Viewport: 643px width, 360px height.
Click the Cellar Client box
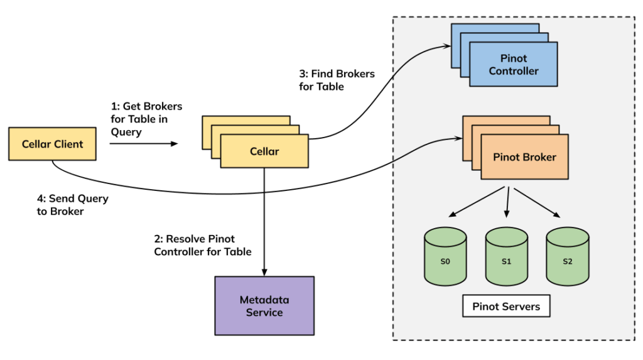point(52,144)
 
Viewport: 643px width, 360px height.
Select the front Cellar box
point(264,151)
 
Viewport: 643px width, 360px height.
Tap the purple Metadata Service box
point(264,305)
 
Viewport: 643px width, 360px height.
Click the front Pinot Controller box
point(514,65)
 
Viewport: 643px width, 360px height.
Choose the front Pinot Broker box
point(524,157)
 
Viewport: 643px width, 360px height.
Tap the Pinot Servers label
point(505,307)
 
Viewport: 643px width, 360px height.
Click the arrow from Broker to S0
point(477,202)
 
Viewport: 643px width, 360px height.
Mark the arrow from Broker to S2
point(537,202)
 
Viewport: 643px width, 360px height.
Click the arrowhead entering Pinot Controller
point(447,46)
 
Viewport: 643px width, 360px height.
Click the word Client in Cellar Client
point(68,144)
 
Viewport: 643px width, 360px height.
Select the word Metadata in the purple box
point(264,300)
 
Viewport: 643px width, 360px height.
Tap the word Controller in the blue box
point(514,71)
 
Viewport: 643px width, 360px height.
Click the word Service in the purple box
point(264,312)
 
